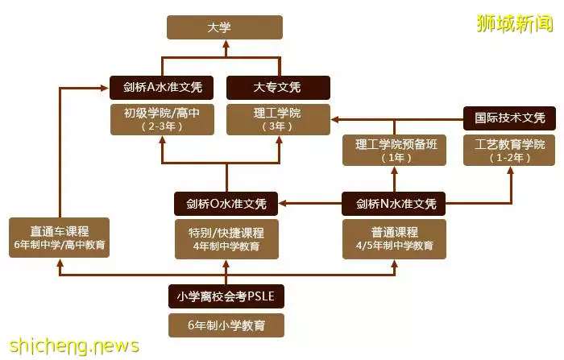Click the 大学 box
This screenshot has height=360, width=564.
pos(225,27)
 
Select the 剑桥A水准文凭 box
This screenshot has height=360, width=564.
pos(161,88)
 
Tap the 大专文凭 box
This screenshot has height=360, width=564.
pos(278,88)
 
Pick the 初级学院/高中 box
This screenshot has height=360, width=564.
pos(162,120)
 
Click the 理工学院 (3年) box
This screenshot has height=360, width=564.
pos(278,120)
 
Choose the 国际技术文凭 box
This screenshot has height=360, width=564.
pos(509,118)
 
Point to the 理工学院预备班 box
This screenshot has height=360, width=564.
pos(394,151)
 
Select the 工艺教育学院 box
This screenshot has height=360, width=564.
pos(509,151)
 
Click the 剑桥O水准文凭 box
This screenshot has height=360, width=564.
pos(226,204)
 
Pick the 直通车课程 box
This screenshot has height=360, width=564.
pos(59,238)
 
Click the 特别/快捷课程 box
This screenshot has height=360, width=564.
pos(226,239)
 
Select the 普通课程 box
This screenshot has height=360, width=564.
pos(394,239)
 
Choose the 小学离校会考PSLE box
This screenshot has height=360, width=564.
pos(226,296)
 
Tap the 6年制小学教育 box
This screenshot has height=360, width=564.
pos(226,325)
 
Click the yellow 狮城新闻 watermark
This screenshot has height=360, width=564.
pos(515,23)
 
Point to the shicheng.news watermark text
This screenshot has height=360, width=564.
pos(74,346)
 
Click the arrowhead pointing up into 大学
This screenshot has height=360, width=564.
pos(226,44)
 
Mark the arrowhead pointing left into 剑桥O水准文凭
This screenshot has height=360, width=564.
pos(283,204)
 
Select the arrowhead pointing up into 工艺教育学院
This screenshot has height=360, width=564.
pos(510,171)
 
